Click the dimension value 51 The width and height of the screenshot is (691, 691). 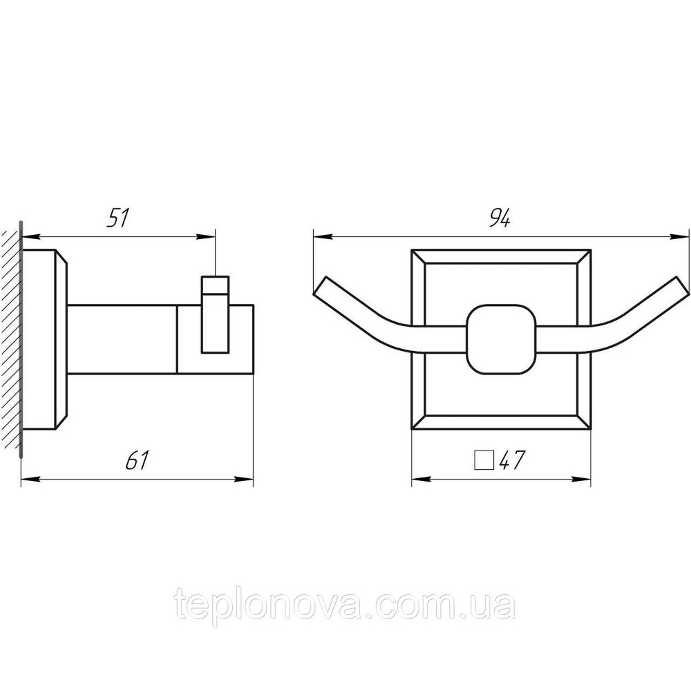coord(118,218)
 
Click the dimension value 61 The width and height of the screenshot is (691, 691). coord(138,460)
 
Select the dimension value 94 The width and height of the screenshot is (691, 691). coord(500,218)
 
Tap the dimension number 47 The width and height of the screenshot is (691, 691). coord(511,460)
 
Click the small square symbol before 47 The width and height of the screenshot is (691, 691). coord(484,460)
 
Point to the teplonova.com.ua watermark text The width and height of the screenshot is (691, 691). coord(345,605)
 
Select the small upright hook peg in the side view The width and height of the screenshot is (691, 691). coord(216,314)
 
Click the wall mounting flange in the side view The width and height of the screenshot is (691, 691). coord(44,339)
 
